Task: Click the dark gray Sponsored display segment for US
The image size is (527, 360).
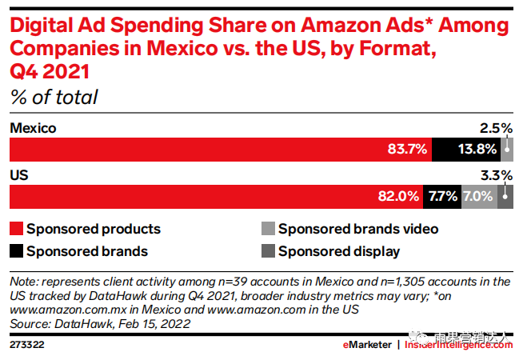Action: coord(505,196)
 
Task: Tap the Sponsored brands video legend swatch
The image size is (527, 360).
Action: coord(267,229)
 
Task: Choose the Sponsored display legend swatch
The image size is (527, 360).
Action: coord(267,251)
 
